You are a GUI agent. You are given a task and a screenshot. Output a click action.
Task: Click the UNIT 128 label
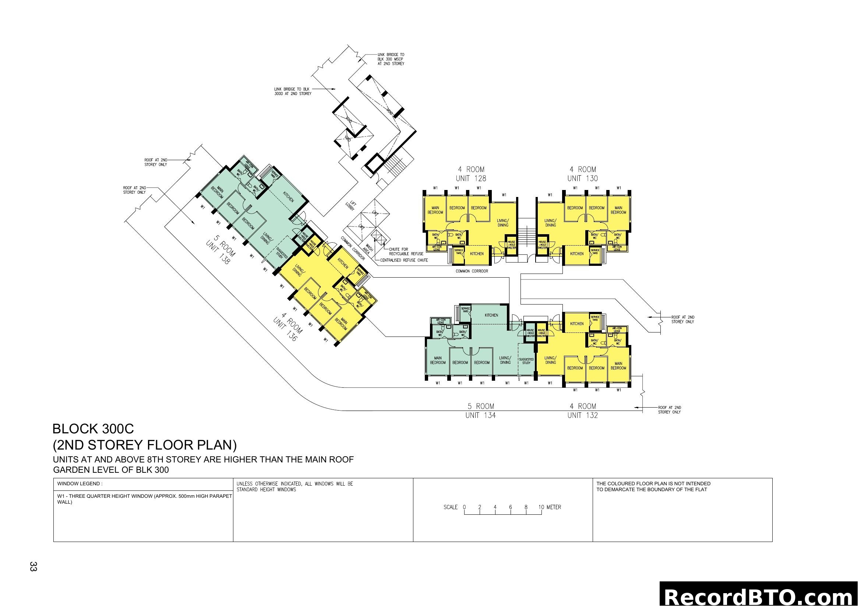[471, 179]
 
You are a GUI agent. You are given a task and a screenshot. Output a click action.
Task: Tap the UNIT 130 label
[582, 179]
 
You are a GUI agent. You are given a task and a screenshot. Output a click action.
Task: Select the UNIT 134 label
[480, 415]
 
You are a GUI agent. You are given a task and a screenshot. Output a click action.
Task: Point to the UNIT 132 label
[582, 415]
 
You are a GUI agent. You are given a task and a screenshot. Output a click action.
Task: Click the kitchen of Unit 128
[477, 254]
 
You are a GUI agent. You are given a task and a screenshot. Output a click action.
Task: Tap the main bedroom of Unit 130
[618, 210]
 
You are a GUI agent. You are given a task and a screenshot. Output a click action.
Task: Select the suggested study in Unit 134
[526, 361]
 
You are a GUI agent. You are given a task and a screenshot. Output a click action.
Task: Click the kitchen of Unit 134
[491, 316]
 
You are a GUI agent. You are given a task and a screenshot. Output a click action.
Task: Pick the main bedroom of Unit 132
[618, 366]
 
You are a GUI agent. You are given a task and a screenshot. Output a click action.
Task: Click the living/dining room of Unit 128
[503, 223]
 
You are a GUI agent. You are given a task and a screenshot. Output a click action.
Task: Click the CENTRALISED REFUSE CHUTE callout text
[404, 260]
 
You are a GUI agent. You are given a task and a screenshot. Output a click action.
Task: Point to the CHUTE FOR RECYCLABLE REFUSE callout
[406, 251]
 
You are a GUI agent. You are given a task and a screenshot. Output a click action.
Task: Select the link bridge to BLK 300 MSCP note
[391, 59]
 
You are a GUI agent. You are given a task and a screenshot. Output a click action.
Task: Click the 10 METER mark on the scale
[549, 507]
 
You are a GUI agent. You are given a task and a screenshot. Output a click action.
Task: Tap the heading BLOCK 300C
[93, 429]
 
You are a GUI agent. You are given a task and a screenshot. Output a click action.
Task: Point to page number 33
[33, 567]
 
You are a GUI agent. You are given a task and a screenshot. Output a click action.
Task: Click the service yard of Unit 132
[595, 318]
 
